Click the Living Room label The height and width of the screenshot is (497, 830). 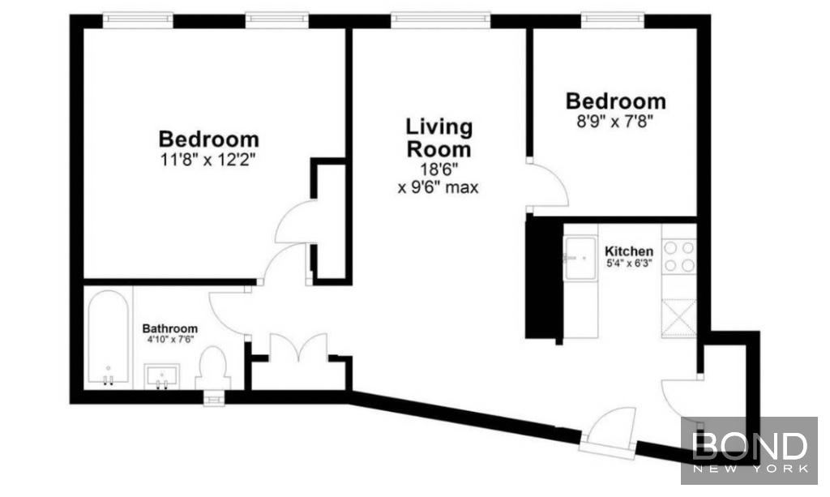(439, 138)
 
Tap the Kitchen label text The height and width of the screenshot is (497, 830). (629, 251)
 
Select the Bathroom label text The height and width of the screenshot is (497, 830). (170, 328)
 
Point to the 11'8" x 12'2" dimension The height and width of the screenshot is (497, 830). (208, 159)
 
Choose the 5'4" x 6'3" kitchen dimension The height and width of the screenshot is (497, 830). (628, 263)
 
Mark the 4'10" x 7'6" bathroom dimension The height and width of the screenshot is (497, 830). (170, 339)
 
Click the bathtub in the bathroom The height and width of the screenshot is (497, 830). (109, 336)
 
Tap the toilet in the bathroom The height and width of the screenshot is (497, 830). (213, 368)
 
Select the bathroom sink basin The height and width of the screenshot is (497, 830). (162, 376)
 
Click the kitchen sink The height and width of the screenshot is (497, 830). (580, 258)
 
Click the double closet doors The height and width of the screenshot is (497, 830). (298, 347)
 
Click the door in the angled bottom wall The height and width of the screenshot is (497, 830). (608, 430)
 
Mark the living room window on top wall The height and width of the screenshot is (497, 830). (440, 19)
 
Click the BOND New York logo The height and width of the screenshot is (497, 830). (749, 451)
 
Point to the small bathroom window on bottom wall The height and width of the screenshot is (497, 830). (214, 397)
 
